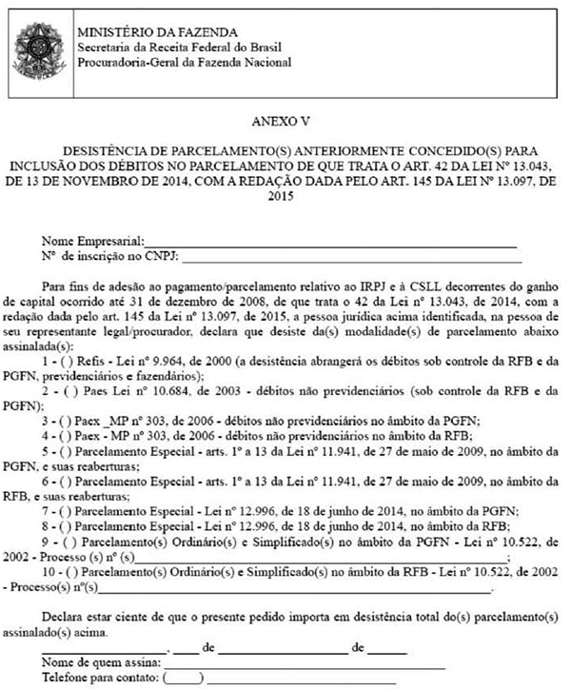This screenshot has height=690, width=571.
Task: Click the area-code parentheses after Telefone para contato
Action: click(x=188, y=678)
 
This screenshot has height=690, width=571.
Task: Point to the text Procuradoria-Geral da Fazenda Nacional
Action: click(x=185, y=63)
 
